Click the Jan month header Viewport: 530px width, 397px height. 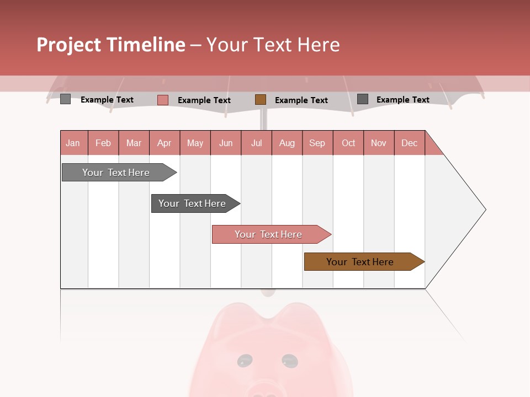point(73,143)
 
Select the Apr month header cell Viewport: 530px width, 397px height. point(165,143)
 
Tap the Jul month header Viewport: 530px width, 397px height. point(256,143)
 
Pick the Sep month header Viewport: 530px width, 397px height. point(317,143)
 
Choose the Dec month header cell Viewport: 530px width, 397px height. point(409,143)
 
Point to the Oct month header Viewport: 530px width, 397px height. point(348,143)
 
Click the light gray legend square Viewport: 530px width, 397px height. point(65,99)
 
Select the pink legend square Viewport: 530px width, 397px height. point(163,100)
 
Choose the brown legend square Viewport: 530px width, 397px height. point(261,100)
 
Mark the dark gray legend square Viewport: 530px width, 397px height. point(363,99)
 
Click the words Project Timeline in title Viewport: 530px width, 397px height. point(111,45)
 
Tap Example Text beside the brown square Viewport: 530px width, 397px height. point(301,100)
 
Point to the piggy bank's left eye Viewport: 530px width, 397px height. point(244,361)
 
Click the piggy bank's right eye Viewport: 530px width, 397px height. point(289,361)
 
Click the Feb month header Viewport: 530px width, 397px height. point(103,143)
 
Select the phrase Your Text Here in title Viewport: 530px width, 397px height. point(273,45)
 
